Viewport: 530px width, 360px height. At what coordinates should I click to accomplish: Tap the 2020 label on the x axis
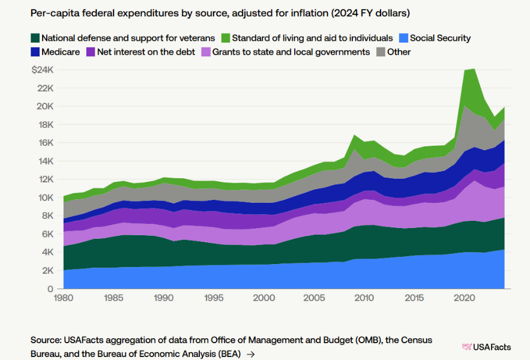(463, 298)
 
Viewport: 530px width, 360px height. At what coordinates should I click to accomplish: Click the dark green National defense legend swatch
(35, 38)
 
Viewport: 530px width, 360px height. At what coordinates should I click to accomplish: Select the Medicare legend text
(61, 52)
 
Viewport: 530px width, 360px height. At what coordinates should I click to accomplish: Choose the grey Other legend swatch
(380, 52)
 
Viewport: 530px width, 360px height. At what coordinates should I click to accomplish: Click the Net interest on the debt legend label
(146, 52)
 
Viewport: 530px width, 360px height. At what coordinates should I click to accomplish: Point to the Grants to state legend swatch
(207, 52)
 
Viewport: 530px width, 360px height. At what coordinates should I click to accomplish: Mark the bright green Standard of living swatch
(225, 38)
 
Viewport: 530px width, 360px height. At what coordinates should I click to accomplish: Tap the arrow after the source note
(251, 354)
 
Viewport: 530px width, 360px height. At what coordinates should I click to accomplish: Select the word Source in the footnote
(46, 340)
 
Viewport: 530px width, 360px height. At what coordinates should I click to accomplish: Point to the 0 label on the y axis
(51, 289)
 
